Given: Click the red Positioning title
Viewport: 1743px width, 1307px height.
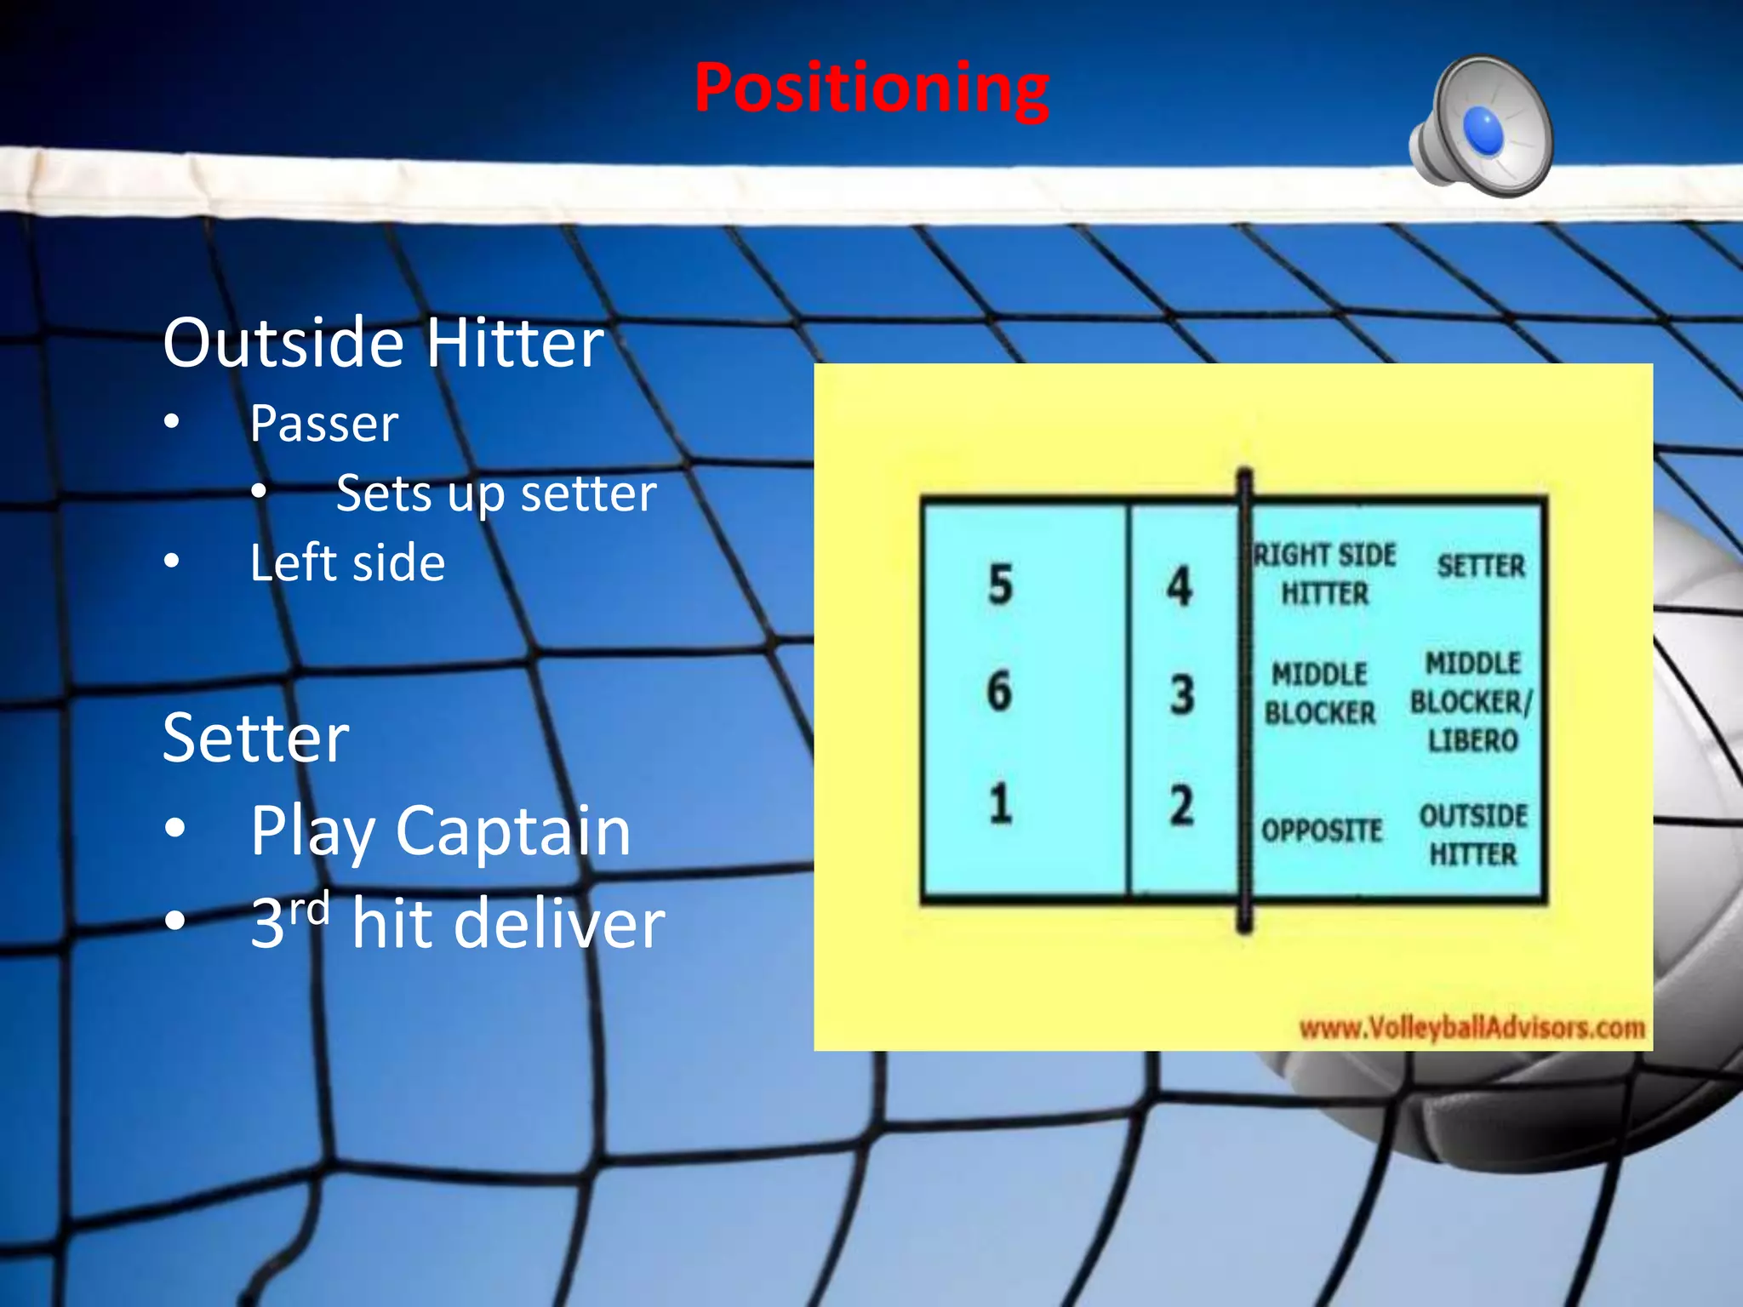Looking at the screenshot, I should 871,88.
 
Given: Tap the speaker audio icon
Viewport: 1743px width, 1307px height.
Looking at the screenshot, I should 1482,128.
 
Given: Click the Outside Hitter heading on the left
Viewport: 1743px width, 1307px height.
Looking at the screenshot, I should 383,342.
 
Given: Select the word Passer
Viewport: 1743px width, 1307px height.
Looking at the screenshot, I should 323,423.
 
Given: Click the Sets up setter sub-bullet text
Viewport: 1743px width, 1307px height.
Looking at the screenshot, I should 496,493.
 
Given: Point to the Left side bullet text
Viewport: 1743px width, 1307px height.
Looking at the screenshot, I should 347,562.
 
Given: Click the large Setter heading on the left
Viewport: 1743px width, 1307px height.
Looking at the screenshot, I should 255,738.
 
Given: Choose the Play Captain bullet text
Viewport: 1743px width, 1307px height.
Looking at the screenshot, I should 440,830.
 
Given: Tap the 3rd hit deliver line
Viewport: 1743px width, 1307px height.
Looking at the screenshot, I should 457,923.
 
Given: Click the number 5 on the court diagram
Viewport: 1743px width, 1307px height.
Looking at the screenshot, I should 1000,585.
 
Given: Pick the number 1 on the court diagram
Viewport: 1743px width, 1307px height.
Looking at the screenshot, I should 1000,803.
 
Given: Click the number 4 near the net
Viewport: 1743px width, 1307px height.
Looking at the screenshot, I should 1179,586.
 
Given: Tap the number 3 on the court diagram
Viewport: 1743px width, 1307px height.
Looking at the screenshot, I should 1181,694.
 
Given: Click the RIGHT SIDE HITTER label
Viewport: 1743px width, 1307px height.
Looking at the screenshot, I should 1324,574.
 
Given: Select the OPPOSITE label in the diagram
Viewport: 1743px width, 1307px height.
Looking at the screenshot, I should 1321,830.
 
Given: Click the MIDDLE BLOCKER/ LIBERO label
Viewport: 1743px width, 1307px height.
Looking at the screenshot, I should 1472,701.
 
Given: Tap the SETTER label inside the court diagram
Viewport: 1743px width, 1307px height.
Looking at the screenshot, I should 1481,566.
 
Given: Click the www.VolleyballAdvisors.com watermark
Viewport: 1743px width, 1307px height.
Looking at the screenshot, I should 1472,1028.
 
